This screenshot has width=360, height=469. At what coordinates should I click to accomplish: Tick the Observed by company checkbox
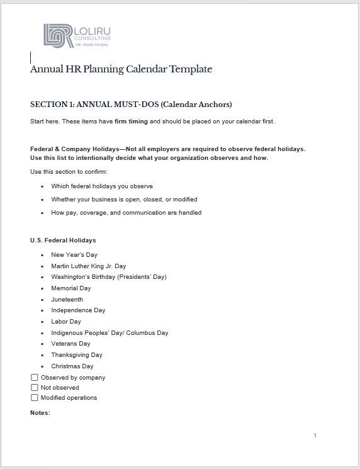35,378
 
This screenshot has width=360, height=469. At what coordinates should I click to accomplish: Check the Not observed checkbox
35,388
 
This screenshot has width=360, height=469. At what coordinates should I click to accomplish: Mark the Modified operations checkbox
35,398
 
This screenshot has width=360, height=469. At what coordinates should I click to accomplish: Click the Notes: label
40,413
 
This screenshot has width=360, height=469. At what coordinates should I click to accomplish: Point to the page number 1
315,436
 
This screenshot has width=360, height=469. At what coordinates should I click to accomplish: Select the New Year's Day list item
74,255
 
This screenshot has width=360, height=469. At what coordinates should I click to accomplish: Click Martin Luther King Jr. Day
88,266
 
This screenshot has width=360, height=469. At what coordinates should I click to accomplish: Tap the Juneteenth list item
67,300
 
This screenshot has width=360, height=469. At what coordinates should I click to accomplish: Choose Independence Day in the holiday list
78,310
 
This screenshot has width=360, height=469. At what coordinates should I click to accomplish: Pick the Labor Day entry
66,322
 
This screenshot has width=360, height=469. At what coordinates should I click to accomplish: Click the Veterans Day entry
70,344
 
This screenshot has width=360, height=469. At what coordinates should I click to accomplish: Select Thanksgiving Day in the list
77,355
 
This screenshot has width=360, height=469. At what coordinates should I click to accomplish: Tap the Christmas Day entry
72,366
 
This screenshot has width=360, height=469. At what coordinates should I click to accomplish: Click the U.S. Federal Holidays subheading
63,240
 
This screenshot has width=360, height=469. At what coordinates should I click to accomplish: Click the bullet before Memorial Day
42,288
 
